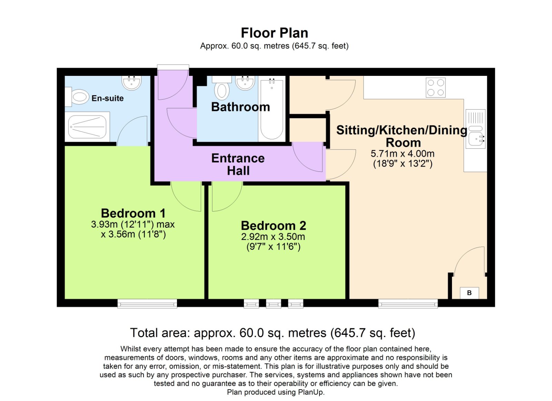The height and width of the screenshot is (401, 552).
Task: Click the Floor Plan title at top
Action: point(274,33)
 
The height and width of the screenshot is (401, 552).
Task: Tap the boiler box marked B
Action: point(469,293)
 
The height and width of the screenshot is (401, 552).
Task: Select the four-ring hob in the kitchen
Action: point(435,88)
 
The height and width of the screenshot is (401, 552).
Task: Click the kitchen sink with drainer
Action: point(475,129)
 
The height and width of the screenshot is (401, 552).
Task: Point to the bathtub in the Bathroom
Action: point(272,109)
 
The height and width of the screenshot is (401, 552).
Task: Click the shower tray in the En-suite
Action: point(87,127)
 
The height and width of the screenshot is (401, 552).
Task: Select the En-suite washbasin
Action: point(131,83)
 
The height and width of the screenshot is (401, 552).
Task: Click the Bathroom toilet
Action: point(222,89)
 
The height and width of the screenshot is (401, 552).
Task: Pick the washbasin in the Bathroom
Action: point(245,83)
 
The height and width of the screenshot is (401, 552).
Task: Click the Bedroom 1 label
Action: point(133,213)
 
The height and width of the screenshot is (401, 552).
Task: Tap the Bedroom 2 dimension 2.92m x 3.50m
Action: point(273,237)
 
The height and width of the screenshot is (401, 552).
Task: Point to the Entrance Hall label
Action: point(238,164)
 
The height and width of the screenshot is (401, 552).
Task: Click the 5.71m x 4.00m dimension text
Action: point(402,154)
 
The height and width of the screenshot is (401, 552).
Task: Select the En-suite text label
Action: point(108,98)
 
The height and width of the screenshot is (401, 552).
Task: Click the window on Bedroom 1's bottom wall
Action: point(147,304)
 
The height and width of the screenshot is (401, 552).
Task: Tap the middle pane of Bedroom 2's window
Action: point(273,304)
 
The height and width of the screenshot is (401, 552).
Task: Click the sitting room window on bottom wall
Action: point(408,304)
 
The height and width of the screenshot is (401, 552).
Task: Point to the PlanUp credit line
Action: point(276,392)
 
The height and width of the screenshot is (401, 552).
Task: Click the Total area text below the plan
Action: point(273,333)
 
